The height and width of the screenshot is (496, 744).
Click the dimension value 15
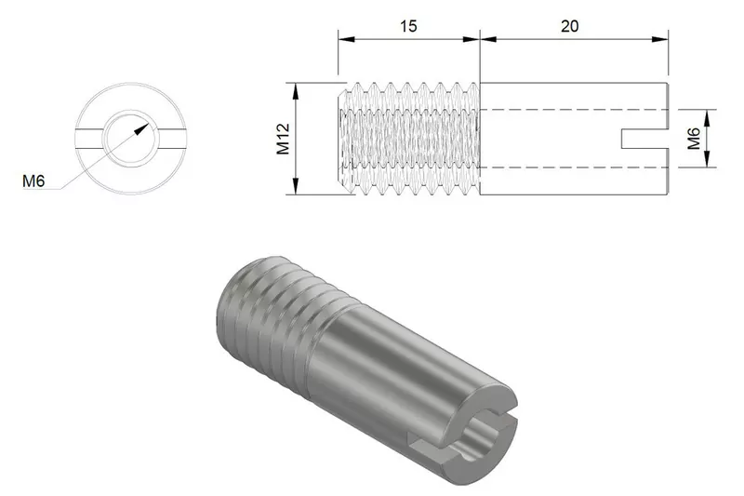coord(407,26)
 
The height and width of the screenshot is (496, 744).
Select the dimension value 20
coord(569,26)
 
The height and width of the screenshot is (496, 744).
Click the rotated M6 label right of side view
coord(694,139)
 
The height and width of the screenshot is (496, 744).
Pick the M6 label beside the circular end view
coord(34,181)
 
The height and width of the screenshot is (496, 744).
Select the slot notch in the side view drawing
coord(644,139)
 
